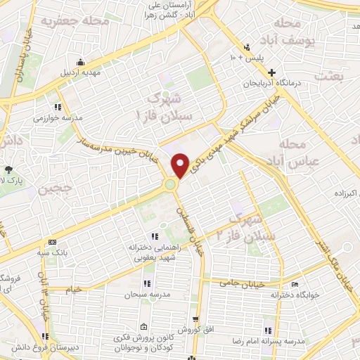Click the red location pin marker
(181, 165)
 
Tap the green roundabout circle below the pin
(170, 185)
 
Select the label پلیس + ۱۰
(257, 59)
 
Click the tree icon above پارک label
(8, 169)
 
